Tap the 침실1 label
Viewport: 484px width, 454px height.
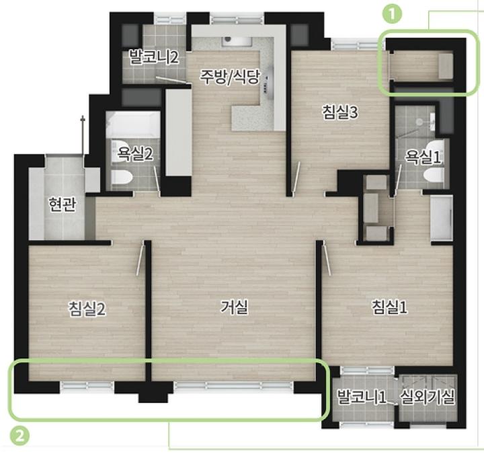coord(389,307)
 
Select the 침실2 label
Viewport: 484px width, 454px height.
coord(87,309)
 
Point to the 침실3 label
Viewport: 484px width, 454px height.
coord(340,112)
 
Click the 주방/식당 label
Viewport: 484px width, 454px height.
coord(230,77)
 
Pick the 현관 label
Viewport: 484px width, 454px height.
coord(62,204)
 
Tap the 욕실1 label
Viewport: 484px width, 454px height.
coord(423,157)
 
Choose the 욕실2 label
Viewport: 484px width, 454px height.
coord(135,153)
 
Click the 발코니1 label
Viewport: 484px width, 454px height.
coord(361,397)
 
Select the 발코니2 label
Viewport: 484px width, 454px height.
coord(154,56)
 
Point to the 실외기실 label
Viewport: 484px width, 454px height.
coord(428,397)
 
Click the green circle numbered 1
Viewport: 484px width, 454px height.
coord(392,14)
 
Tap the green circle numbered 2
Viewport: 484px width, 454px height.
coord(19,436)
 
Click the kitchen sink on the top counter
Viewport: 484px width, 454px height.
coord(237,42)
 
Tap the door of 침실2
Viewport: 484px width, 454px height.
coord(140,258)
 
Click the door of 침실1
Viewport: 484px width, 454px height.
coord(327,258)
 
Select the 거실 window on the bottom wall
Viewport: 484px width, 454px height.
coord(234,385)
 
